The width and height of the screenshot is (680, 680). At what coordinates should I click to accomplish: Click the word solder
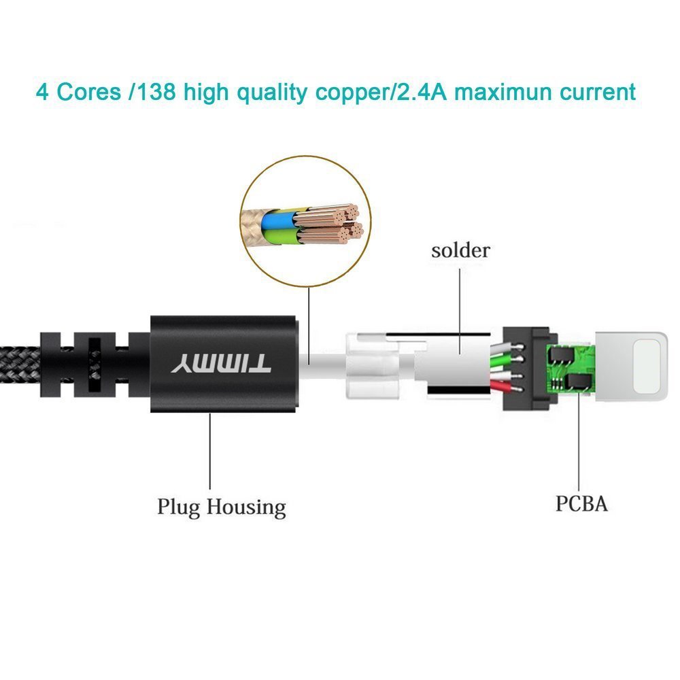click(460, 250)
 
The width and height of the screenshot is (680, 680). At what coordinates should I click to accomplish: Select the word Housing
click(246, 507)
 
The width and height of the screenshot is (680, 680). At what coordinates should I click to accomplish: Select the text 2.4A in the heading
click(419, 91)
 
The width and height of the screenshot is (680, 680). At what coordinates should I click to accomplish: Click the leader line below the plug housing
click(209, 449)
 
